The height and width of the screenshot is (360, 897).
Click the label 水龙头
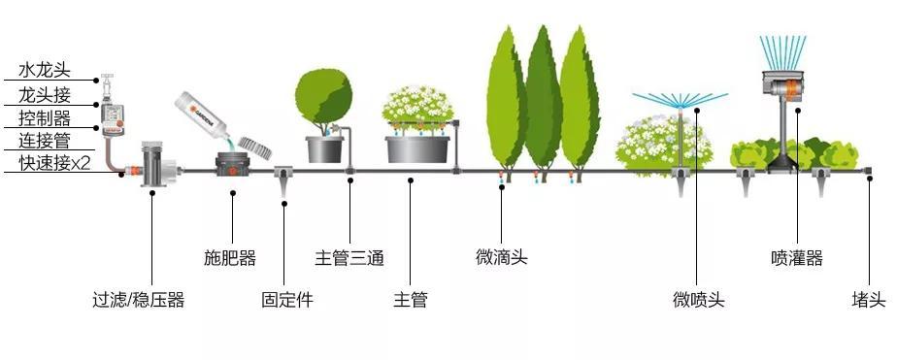click(45, 70)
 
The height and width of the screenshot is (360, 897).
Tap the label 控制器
click(45, 118)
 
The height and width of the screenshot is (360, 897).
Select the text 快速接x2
click(54, 163)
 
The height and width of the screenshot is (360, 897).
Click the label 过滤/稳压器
click(139, 300)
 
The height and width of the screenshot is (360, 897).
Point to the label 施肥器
click(230, 258)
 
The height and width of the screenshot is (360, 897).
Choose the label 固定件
click(287, 300)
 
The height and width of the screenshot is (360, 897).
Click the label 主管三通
click(349, 258)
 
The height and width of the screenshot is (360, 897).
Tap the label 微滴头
click(501, 256)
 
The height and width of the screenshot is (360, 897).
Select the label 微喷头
click(699, 300)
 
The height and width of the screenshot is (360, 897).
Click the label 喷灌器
click(797, 258)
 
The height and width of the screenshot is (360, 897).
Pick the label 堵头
click(869, 300)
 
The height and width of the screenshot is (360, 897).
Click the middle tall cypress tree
click(544, 103)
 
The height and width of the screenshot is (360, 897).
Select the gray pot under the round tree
click(324, 149)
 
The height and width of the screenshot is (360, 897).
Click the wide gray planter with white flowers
click(417, 149)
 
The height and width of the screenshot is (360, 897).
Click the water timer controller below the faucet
click(113, 120)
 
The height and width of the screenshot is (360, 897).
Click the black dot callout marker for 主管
click(411, 180)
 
